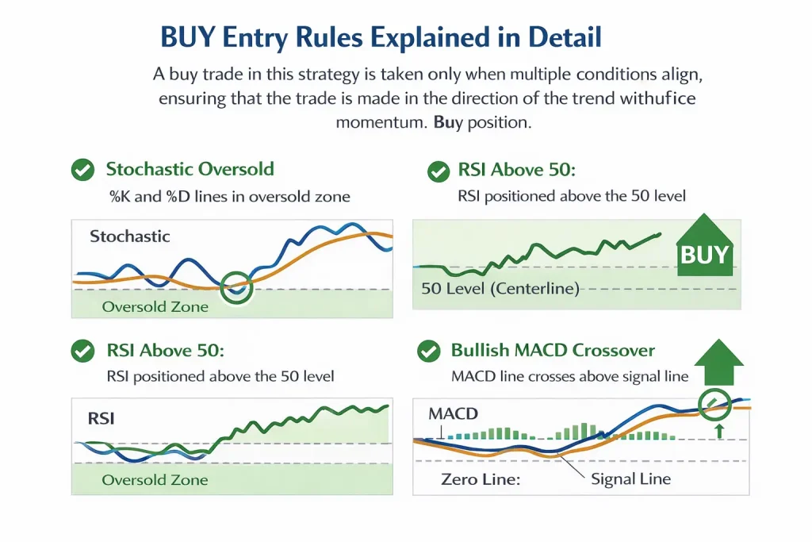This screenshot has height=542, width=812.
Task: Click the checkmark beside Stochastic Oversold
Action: [x=82, y=169]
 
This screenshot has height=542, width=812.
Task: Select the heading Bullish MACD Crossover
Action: [x=553, y=350]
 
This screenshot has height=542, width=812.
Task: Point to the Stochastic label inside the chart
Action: [x=130, y=236]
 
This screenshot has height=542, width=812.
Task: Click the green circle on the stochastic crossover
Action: [x=236, y=287]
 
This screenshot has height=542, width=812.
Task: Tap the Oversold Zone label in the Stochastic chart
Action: [x=155, y=307]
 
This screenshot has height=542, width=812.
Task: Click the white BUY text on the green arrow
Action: [x=704, y=255]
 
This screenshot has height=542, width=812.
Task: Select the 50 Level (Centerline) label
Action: [x=500, y=289]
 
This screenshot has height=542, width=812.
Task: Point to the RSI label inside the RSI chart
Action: [x=101, y=417]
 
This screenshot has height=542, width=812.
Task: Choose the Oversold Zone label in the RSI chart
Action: [x=155, y=480]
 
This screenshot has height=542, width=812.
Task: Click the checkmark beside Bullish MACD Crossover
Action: [x=428, y=351]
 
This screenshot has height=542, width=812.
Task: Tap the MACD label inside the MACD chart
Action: [x=453, y=413]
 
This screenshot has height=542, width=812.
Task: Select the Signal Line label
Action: [x=630, y=479]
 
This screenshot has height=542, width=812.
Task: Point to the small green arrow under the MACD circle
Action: [x=718, y=431]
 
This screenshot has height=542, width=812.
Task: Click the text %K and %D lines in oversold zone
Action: [x=229, y=196]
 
